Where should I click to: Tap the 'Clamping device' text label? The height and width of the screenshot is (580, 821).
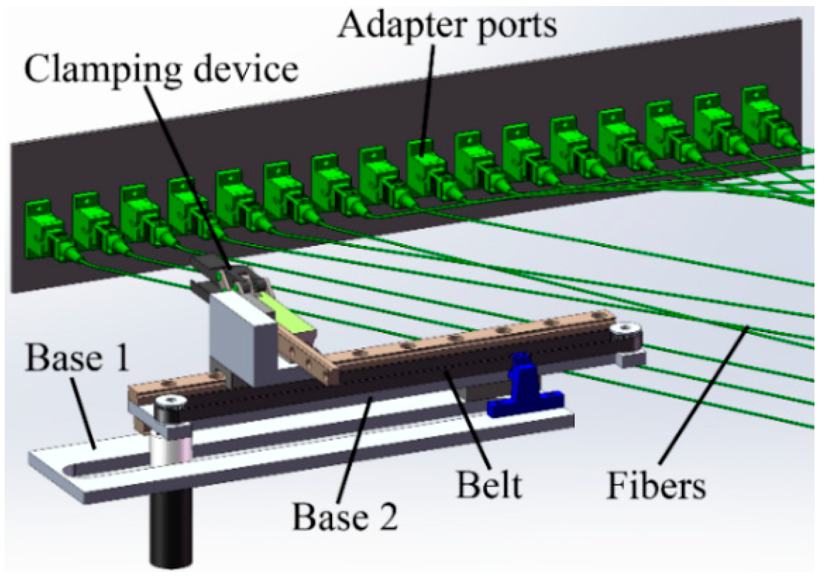pyautogui.click(x=161, y=69)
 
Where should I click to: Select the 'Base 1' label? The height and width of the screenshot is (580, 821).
pyautogui.click(x=77, y=358)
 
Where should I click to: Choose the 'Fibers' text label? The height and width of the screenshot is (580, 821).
pyautogui.click(x=656, y=485)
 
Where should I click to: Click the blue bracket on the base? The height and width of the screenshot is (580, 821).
pyautogui.click(x=523, y=387)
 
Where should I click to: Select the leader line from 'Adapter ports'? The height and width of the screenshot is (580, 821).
pyautogui.click(x=429, y=93)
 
